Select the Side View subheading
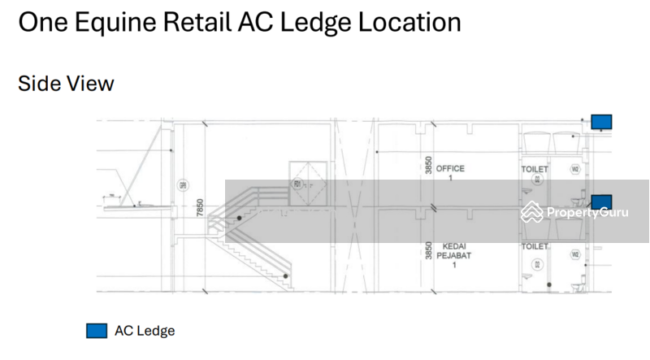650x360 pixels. (66, 83)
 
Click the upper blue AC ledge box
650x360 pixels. (601, 123)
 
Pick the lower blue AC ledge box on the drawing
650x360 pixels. (601, 202)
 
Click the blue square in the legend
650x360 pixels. (97, 331)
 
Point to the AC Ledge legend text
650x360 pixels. (145, 331)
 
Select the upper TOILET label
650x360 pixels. (535, 169)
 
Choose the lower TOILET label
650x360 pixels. (535, 245)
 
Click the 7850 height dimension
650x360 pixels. (199, 209)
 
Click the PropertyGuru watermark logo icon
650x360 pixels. (532, 211)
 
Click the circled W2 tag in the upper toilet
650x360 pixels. (574, 170)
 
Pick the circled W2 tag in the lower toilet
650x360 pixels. (574, 254)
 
